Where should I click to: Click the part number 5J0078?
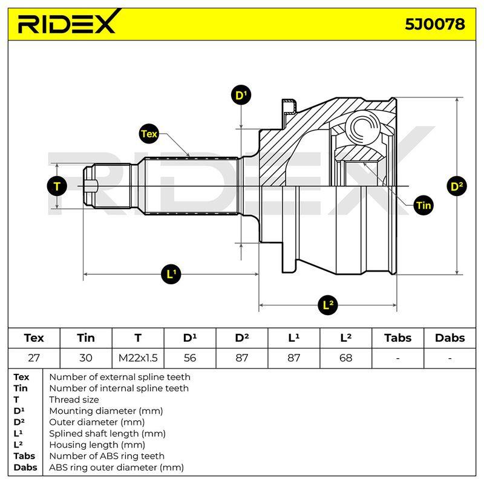tap(434, 24)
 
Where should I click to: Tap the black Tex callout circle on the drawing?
tap(149, 134)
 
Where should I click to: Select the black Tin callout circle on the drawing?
tap(423, 205)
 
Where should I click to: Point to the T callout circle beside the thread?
tap(57, 186)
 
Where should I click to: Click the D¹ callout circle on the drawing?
tap(241, 95)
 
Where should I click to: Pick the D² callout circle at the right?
tap(457, 186)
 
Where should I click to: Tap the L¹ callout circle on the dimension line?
tap(171, 274)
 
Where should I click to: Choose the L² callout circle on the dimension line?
tap(328, 305)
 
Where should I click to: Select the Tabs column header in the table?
tap(397, 338)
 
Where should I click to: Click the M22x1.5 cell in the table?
tap(138, 358)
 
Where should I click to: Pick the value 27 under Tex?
tap(34, 358)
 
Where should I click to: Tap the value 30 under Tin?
tap(86, 358)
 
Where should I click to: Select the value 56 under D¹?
tap(190, 358)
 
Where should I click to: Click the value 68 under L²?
tap(345, 358)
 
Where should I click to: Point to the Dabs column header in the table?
tap(450, 338)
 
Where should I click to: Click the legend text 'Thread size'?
tap(74, 400)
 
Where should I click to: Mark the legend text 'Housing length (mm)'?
tap(97, 445)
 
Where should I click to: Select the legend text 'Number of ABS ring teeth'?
tap(107, 456)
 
